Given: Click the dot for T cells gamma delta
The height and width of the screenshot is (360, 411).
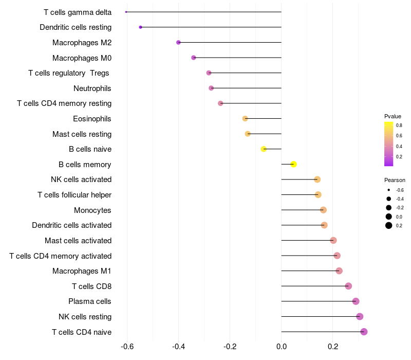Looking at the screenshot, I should (126, 12).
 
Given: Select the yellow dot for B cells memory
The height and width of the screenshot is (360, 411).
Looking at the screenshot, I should (293, 164).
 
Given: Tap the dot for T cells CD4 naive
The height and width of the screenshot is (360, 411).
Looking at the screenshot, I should (364, 332).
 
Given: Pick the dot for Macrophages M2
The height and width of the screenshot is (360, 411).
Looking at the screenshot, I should (178, 42).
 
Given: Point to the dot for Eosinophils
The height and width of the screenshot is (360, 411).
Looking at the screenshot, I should (245, 118).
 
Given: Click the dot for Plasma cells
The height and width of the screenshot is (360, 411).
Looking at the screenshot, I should (356, 301).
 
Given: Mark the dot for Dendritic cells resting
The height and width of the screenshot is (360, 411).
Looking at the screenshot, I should (140, 27).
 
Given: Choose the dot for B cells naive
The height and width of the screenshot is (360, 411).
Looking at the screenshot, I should (264, 149).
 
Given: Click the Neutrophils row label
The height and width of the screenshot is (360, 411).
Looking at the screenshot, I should (92, 88).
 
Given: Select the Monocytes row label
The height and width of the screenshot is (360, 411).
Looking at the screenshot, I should (92, 210).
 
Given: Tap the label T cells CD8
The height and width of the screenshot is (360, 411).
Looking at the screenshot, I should (91, 286).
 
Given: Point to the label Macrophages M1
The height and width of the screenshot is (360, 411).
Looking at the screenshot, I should (82, 271).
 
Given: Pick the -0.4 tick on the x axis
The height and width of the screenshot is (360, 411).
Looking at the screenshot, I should (179, 347).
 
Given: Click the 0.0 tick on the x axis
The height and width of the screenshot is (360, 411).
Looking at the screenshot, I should (282, 347).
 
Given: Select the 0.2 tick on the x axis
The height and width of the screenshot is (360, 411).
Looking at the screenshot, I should (332, 347).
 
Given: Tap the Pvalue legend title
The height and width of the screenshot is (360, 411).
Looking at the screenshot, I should (393, 116).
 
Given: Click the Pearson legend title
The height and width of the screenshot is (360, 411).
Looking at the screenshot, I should (395, 180).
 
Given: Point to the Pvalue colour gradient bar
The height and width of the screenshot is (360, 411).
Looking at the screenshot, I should (388, 144).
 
